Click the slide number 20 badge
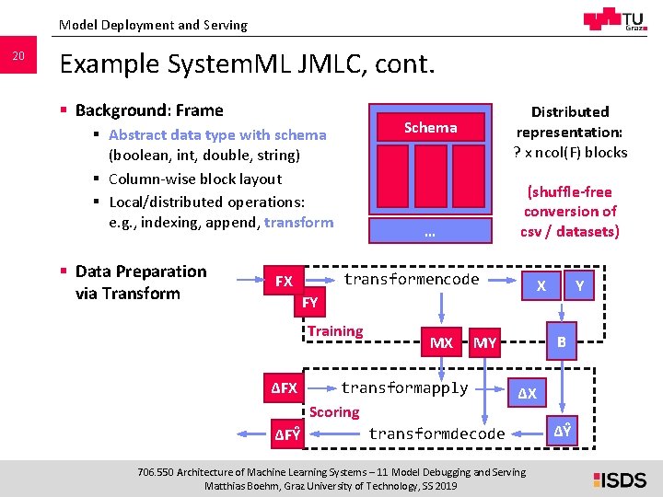18,57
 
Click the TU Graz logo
615,20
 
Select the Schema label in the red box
430,128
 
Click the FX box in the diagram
284,281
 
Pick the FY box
310,302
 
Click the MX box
442,342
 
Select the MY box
484,342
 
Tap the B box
560,342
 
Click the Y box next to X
579,285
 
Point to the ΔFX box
284,388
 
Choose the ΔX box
527,394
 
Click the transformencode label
411,279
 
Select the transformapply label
404,387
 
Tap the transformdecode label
436,433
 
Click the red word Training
335,331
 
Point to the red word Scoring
334,412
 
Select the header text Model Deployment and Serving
153,25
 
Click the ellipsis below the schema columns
430,234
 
